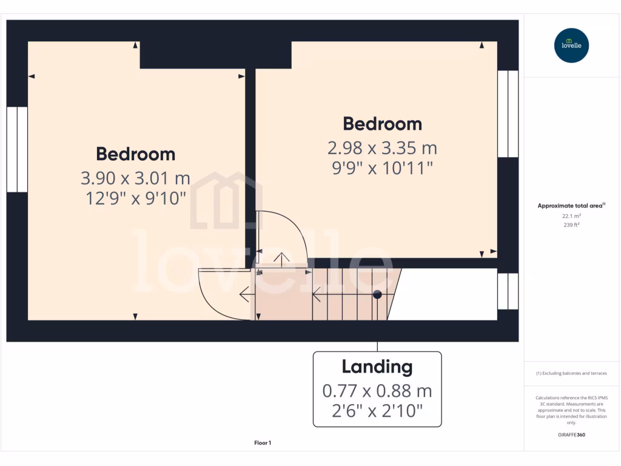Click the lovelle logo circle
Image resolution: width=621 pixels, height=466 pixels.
(571, 46)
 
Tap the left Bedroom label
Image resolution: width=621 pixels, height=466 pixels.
(135, 154)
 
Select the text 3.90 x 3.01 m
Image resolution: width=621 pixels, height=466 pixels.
(135, 178)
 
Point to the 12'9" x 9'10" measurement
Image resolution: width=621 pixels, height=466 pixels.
(135, 198)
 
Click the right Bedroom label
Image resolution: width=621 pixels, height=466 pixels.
(382, 124)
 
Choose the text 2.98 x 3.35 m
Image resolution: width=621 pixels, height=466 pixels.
(382, 147)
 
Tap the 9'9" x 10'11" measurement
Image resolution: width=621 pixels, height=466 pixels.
(382, 167)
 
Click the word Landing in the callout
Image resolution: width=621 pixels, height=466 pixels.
(377, 366)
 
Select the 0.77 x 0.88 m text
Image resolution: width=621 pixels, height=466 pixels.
(377, 390)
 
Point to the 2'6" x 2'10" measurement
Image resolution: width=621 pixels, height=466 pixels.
(377, 411)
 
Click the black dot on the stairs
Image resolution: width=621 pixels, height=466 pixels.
(377, 295)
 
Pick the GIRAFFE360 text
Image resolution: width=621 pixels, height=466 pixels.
(571, 434)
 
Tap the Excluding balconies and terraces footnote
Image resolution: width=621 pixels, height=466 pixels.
(571, 373)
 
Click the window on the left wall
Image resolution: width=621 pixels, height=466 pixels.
(17, 149)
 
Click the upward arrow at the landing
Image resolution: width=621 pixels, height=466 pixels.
(281, 257)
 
